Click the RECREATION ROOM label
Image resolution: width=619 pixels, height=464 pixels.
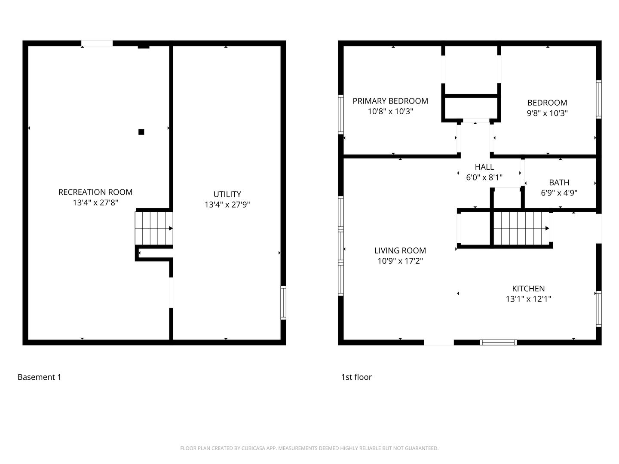point(95,192)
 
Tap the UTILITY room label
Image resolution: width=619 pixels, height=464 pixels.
point(227,194)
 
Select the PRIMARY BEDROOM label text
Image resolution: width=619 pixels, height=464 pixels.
point(390,101)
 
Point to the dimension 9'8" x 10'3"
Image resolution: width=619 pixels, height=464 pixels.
point(547,113)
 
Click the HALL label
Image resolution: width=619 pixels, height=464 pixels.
point(484,167)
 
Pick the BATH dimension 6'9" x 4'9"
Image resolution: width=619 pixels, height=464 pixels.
point(559,193)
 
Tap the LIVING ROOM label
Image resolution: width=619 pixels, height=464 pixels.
point(400,250)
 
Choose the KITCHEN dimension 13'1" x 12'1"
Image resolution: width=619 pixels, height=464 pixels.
point(528,299)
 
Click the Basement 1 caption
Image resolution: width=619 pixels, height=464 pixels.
point(40,377)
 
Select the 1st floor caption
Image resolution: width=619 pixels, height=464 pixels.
point(356,377)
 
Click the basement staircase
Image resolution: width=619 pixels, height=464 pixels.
point(154,228)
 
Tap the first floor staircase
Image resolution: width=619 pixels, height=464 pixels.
point(521,228)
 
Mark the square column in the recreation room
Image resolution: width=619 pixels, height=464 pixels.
point(141,132)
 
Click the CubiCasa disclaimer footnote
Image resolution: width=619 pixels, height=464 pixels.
point(309,448)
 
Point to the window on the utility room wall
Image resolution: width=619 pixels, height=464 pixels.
point(283,302)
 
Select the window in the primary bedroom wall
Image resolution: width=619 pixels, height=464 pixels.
point(340,115)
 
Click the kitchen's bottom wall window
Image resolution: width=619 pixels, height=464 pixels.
point(498,342)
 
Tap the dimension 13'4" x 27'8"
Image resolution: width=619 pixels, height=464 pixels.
point(95,202)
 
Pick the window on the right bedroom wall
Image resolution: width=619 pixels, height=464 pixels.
point(598,99)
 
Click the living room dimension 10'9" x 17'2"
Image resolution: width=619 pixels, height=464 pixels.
point(400,261)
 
